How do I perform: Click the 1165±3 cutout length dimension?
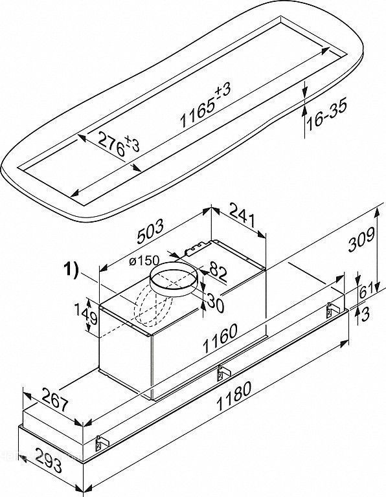point(205,105)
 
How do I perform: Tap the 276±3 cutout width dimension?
point(119,144)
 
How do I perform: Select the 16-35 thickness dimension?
point(326,114)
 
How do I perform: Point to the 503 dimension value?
point(151,231)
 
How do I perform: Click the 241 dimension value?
point(242,215)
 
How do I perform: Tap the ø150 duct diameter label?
point(144,261)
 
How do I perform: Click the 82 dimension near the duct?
point(218,274)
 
